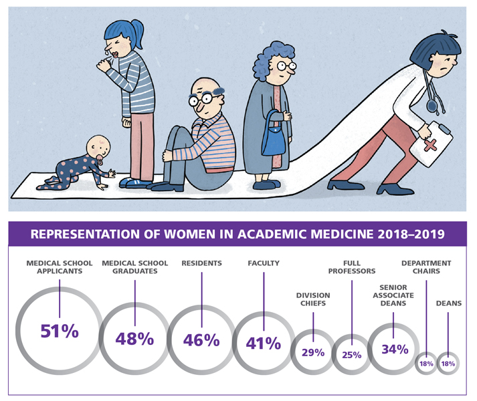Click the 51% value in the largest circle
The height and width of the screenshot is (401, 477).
click(x=59, y=332)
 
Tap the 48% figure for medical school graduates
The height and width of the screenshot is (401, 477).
click(x=134, y=338)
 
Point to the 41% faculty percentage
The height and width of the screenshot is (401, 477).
click(x=264, y=344)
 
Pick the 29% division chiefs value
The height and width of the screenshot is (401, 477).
click(x=312, y=352)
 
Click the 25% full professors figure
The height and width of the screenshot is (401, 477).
click(x=351, y=354)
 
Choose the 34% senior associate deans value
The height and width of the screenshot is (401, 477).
click(x=394, y=349)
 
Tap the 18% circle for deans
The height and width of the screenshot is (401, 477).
click(x=448, y=364)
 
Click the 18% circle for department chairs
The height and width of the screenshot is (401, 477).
click(x=426, y=364)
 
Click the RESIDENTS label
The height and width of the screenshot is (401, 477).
click(x=201, y=264)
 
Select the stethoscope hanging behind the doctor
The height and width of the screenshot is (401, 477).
click(x=435, y=94)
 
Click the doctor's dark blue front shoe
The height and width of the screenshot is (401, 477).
click(x=399, y=189)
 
